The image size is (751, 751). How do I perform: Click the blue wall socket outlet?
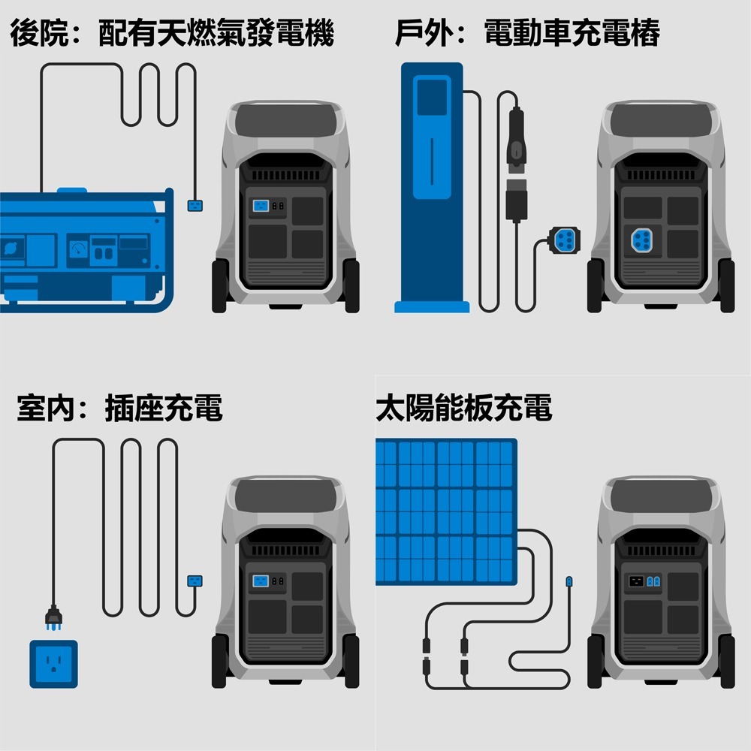pyautogui.click(x=53, y=664)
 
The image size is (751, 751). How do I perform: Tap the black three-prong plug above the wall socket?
pyautogui.click(x=53, y=617)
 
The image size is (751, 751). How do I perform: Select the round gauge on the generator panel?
pyautogui.click(x=78, y=249)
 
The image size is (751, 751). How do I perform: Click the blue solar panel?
pyautogui.click(x=446, y=511)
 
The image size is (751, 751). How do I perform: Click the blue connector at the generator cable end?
pyautogui.click(x=195, y=205)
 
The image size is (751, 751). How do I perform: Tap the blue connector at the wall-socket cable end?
pyautogui.click(x=195, y=581)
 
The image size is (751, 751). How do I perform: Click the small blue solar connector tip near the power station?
pyautogui.click(x=569, y=581)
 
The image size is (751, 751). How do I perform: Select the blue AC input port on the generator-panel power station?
pyautogui.click(x=260, y=205)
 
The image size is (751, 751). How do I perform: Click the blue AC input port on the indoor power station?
pyautogui.click(x=260, y=581)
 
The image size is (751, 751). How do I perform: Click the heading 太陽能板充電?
pyautogui.click(x=463, y=409)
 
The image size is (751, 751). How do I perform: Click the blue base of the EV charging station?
pyautogui.click(x=432, y=307)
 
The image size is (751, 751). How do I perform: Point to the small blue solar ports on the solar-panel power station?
pyautogui.click(x=653, y=581)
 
